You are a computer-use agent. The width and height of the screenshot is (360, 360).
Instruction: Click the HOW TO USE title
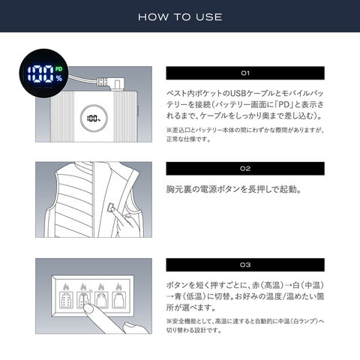[180, 17]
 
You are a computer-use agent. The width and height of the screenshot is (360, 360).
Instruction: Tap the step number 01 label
[245, 73]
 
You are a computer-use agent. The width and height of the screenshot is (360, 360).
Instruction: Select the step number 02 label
[245, 169]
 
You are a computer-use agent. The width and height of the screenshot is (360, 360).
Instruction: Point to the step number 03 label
[245, 265]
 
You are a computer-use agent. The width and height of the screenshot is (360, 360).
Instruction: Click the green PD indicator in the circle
[58, 69]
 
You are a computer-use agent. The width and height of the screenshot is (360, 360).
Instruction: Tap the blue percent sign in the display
[59, 79]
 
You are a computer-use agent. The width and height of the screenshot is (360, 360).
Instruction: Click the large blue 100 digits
[40, 74]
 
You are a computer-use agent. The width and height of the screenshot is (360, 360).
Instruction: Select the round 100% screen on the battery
[94, 118]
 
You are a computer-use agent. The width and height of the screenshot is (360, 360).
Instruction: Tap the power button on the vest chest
[110, 207]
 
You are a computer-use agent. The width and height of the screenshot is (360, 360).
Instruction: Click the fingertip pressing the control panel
[88, 309]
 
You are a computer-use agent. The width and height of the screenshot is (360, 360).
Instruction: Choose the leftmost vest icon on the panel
[66, 300]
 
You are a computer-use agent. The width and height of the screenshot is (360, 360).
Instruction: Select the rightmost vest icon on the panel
[119, 300]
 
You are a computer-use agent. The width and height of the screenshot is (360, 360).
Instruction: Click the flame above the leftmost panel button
[66, 287]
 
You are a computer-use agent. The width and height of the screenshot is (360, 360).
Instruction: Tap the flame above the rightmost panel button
[119, 287]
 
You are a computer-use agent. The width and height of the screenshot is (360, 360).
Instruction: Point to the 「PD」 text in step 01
[284, 104]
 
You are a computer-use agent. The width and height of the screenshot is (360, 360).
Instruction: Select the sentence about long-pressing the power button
[234, 189]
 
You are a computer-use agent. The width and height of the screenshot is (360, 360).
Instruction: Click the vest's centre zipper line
[94, 199]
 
